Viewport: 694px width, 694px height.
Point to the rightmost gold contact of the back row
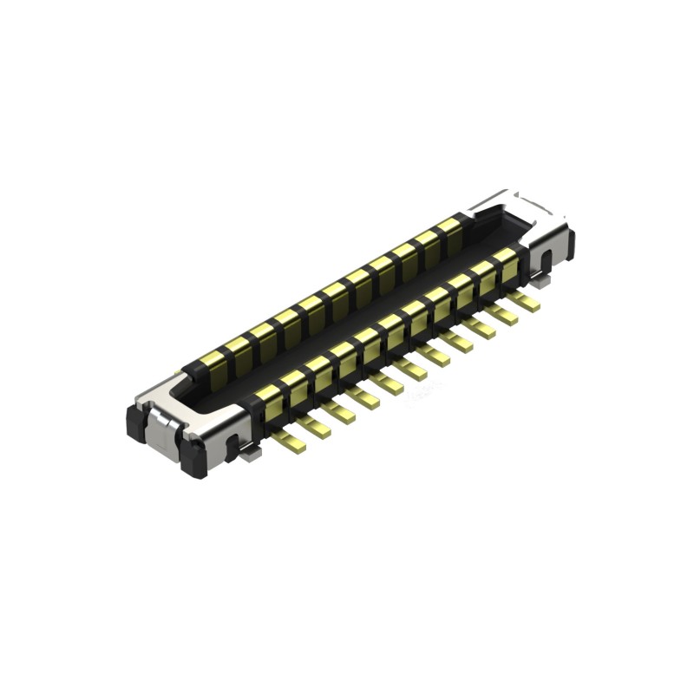tap(448, 229)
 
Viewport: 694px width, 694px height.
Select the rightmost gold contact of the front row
tap(506, 259)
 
